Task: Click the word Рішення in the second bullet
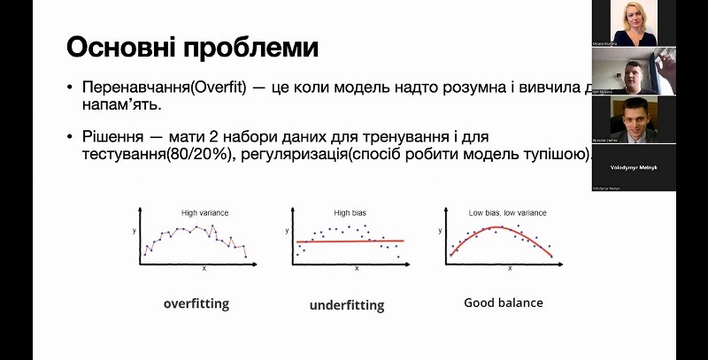110,137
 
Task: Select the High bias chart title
349,212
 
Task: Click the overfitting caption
196,303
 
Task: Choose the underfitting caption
347,306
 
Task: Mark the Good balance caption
504,303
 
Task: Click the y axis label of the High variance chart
134,232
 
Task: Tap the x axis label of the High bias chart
357,267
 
